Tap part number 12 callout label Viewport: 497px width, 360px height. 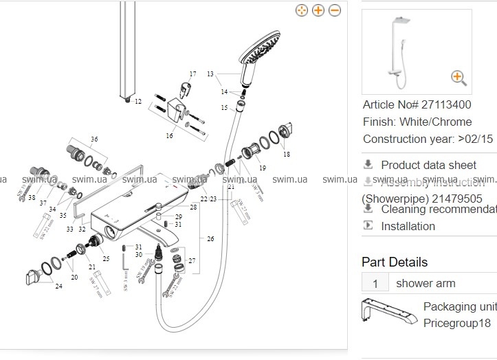click(x=137, y=102)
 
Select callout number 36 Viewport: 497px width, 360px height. click(x=94, y=139)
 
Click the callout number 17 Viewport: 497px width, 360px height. click(x=193, y=74)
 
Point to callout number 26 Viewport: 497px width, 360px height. click(x=210, y=239)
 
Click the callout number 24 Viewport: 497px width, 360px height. click(x=58, y=286)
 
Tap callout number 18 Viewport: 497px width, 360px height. click(x=287, y=155)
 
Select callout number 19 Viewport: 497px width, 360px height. click(x=262, y=168)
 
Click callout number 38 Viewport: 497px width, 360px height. click(x=32, y=197)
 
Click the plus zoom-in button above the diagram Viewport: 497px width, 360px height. click(x=318, y=10)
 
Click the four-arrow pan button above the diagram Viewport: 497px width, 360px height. click(x=301, y=10)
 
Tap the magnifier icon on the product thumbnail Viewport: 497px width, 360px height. click(x=459, y=77)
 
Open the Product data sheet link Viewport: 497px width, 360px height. click(x=428, y=165)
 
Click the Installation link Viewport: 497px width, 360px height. click(x=408, y=226)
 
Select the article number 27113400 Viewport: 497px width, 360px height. click(x=445, y=105)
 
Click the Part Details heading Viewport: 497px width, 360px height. click(x=395, y=262)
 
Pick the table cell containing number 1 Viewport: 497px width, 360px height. click(x=375, y=283)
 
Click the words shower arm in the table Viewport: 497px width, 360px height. click(x=426, y=283)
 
